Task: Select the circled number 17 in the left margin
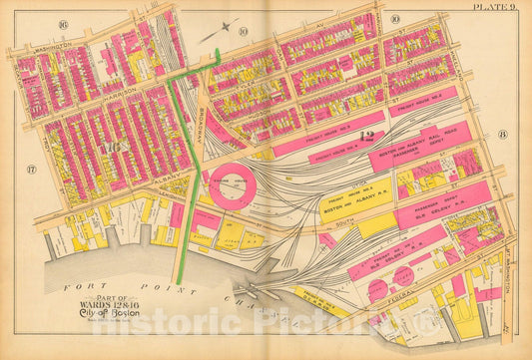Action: point(30,170)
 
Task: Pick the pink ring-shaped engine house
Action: point(233,185)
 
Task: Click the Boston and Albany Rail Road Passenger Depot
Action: point(411,154)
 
